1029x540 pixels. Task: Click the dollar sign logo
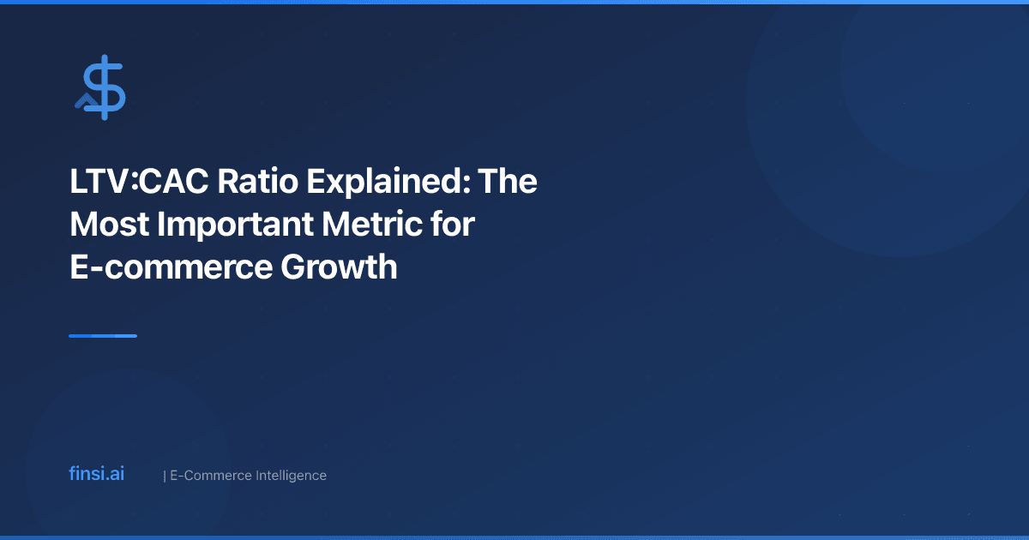tap(101, 87)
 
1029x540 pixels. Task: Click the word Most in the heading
tap(107, 225)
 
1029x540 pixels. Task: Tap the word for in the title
tap(454, 225)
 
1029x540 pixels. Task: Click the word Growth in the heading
tap(339, 268)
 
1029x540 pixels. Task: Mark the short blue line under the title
tap(103, 336)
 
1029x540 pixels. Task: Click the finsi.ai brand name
tap(96, 474)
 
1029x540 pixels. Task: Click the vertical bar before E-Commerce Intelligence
tap(164, 475)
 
